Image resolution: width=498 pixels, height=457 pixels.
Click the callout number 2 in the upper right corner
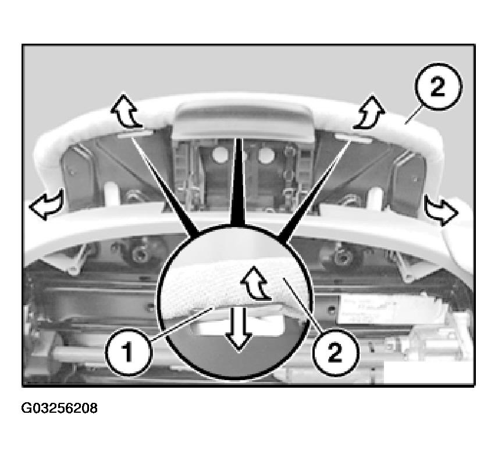point(438,86)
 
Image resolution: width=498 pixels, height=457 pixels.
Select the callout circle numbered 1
point(128,352)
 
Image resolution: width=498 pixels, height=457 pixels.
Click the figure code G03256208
point(59,408)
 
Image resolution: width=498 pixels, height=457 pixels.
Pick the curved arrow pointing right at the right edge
point(441,210)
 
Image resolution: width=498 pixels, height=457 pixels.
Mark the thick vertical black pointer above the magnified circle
point(237,182)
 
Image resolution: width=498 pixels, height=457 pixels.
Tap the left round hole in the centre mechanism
point(220,155)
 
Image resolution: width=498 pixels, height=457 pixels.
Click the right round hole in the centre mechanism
point(265,155)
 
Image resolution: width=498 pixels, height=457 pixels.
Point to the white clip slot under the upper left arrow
point(136,134)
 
